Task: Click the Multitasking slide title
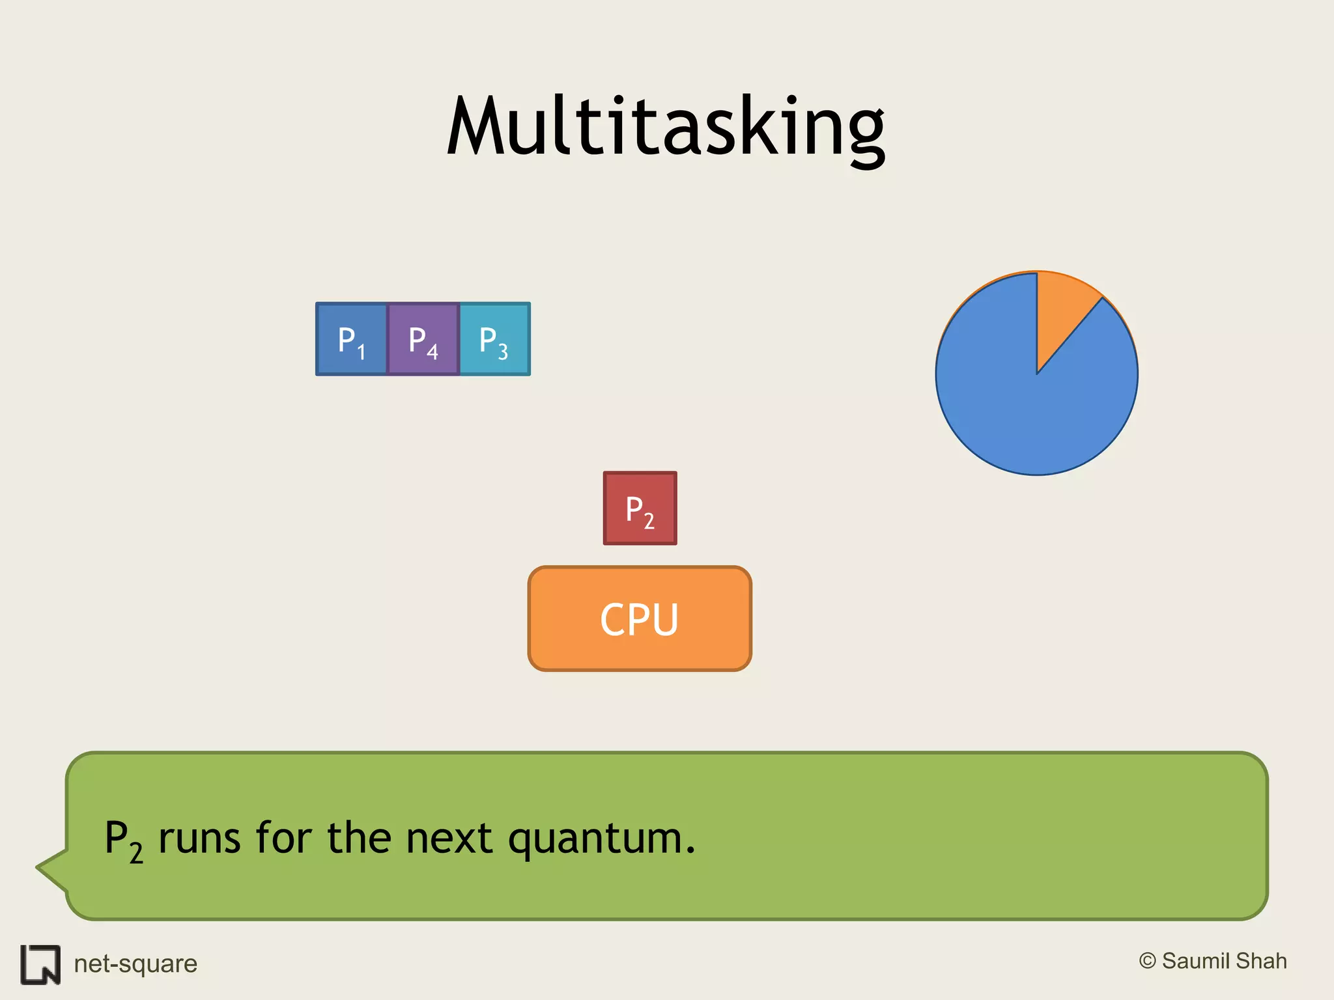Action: [666, 127]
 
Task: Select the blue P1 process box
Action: [352, 339]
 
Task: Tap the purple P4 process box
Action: [423, 339]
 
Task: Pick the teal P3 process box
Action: [494, 339]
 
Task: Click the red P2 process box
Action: [640, 508]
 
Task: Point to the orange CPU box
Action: [640, 618]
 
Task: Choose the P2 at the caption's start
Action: [123, 840]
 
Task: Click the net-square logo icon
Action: [40, 964]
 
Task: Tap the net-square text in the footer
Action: [135, 964]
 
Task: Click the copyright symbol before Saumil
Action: [1147, 961]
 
